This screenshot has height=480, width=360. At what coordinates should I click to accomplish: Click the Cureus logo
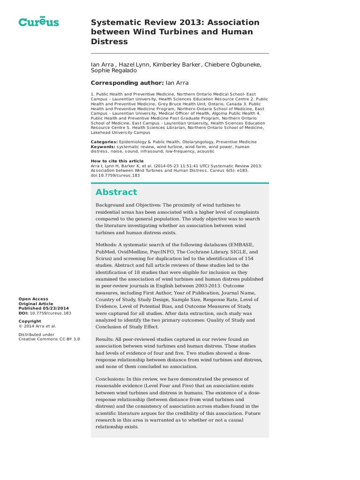tap(38, 22)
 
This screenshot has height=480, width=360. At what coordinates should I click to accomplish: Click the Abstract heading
tap(116, 192)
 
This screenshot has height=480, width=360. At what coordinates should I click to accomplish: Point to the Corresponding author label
tap(127, 83)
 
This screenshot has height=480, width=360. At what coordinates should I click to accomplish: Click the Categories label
tap(104, 142)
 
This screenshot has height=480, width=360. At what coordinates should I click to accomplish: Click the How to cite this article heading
tap(117, 161)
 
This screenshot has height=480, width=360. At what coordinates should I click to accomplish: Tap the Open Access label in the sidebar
tap(33, 299)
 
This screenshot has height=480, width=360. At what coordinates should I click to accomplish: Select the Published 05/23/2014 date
tap(43, 308)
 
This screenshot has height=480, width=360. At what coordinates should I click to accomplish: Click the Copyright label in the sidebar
tap(30, 321)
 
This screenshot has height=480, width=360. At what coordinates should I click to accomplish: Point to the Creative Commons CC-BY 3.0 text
tap(49, 339)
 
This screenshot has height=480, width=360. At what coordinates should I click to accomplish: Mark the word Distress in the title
tap(109, 42)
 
